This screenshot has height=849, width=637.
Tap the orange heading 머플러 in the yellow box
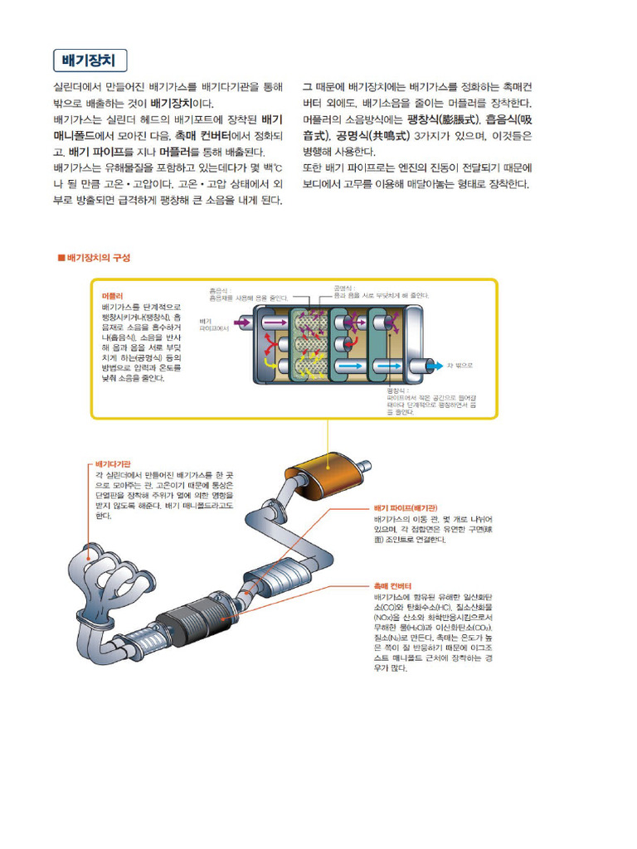pos(112,295)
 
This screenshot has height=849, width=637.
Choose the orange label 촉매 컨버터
pos(392,585)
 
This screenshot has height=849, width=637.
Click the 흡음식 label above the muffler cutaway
pos(218,290)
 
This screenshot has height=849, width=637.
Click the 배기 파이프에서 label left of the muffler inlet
pos(214,324)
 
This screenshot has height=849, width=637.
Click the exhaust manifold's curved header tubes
pos(100,580)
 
